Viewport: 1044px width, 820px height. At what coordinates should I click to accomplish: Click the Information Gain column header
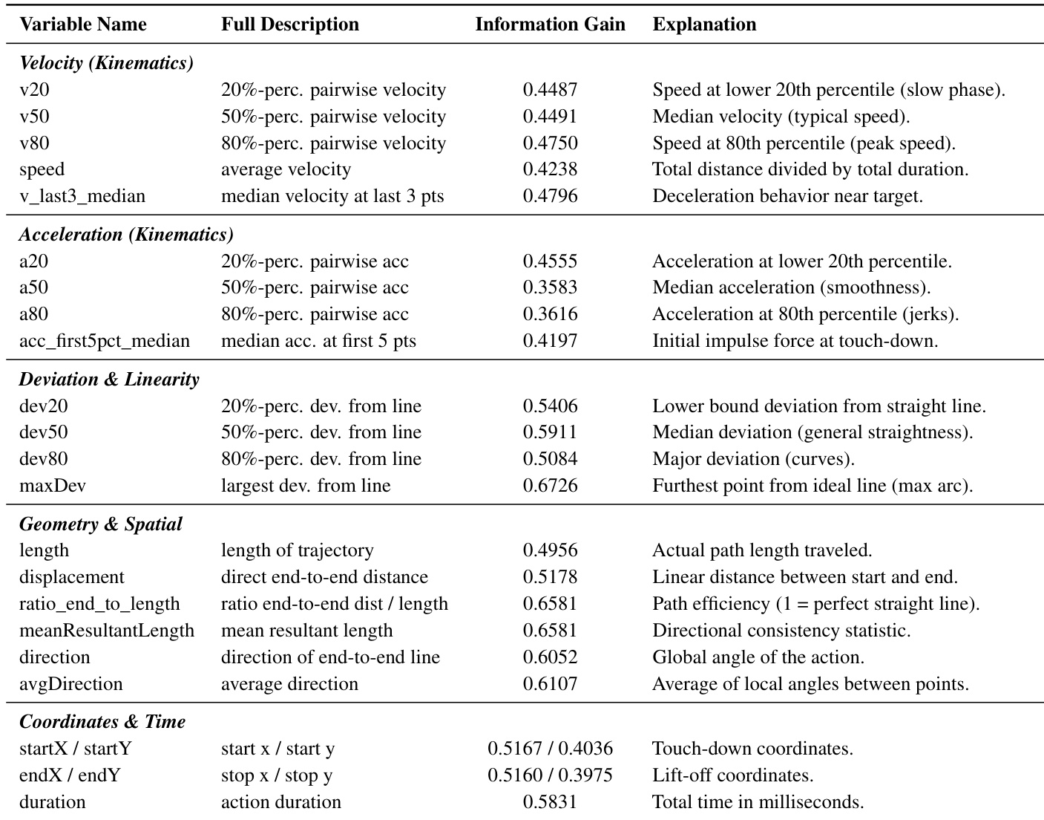pos(550,25)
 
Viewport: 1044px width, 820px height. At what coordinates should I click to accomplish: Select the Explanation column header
pos(704,25)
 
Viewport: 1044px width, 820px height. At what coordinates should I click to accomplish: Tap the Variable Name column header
pos(83,25)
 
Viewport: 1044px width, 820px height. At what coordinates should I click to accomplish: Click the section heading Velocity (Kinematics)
pos(106,63)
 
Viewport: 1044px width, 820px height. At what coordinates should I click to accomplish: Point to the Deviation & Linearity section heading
pos(109,380)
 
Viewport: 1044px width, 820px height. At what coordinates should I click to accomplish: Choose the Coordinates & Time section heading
pos(102,722)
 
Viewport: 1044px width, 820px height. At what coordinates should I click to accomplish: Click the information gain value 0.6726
pos(550,486)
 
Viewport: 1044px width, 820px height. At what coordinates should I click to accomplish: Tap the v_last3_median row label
pos(82,196)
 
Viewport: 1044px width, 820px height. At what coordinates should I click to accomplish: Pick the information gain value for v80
pos(550,143)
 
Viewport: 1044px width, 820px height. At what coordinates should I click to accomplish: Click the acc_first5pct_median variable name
pos(105,341)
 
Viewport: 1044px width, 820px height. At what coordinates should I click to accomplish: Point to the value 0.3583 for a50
pos(550,287)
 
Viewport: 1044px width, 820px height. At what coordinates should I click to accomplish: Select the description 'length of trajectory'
pos(298,550)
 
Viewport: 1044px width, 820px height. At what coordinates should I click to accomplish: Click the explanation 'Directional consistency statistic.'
pos(781,631)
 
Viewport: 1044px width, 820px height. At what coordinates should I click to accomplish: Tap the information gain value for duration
pos(550,802)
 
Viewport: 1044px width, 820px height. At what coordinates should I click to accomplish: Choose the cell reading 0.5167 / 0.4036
pos(550,749)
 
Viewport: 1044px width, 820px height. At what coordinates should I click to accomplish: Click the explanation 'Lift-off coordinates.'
pos(733,775)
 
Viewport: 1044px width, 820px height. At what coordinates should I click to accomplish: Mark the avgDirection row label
pos(71,684)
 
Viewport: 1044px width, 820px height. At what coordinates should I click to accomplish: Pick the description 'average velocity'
pos(286,169)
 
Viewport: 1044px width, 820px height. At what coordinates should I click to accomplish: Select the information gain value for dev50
pos(550,432)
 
